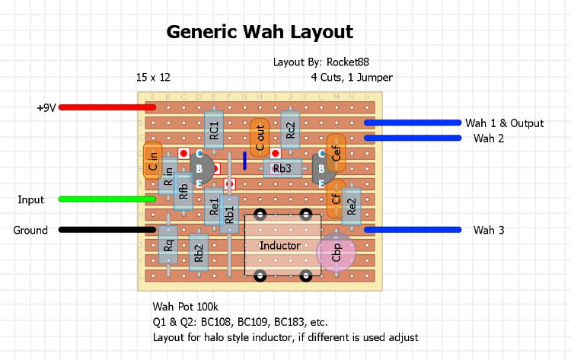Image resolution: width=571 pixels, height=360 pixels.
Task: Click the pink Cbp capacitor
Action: [336, 253]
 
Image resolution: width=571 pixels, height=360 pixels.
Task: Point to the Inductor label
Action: [279, 245]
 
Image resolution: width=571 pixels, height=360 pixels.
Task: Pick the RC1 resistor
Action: [214, 130]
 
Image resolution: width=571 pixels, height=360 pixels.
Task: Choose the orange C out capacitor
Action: [260, 138]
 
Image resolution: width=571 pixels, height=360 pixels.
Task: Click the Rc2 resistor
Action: [290, 130]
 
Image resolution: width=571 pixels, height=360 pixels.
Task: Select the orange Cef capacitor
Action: [336, 154]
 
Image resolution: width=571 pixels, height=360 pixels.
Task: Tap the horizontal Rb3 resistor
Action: [282, 168]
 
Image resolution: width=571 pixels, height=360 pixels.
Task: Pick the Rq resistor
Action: [167, 244]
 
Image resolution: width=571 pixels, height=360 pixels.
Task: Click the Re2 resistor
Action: [351, 205]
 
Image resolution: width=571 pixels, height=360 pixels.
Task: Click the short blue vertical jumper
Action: [244, 161]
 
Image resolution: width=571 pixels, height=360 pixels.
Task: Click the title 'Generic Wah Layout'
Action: [260, 32]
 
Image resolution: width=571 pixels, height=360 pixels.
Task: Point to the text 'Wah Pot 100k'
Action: [185, 307]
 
